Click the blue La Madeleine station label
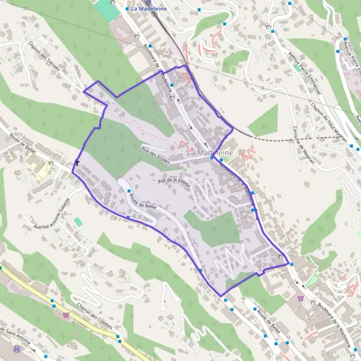click(x=149, y=10)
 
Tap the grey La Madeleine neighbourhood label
click(x=210, y=153)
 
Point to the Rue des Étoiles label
click(x=155, y=155)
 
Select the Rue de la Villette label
click(x=174, y=182)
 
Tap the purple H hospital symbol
click(x=17, y=348)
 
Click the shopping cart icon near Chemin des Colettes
click(x=66, y=315)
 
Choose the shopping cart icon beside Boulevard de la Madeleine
click(x=300, y=298)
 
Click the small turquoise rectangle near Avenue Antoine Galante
click(x=78, y=221)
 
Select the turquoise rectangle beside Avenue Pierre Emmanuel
click(x=297, y=67)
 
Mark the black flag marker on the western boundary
click(x=78, y=162)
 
